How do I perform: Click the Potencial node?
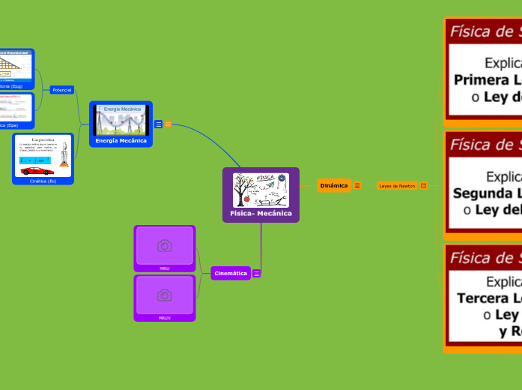61,90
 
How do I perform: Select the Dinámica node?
334,185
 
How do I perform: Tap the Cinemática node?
231,274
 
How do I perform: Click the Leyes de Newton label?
397,185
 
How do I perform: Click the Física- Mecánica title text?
261,214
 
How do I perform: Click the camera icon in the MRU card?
165,245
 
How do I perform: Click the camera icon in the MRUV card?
165,295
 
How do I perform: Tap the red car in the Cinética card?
37,170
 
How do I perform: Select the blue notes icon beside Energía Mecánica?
159,124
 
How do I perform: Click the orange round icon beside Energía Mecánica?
169,124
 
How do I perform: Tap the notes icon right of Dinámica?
357,185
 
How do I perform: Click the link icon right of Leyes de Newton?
424,185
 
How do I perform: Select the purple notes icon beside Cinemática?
257,274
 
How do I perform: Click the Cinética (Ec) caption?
43,181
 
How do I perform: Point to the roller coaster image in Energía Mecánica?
121,121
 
